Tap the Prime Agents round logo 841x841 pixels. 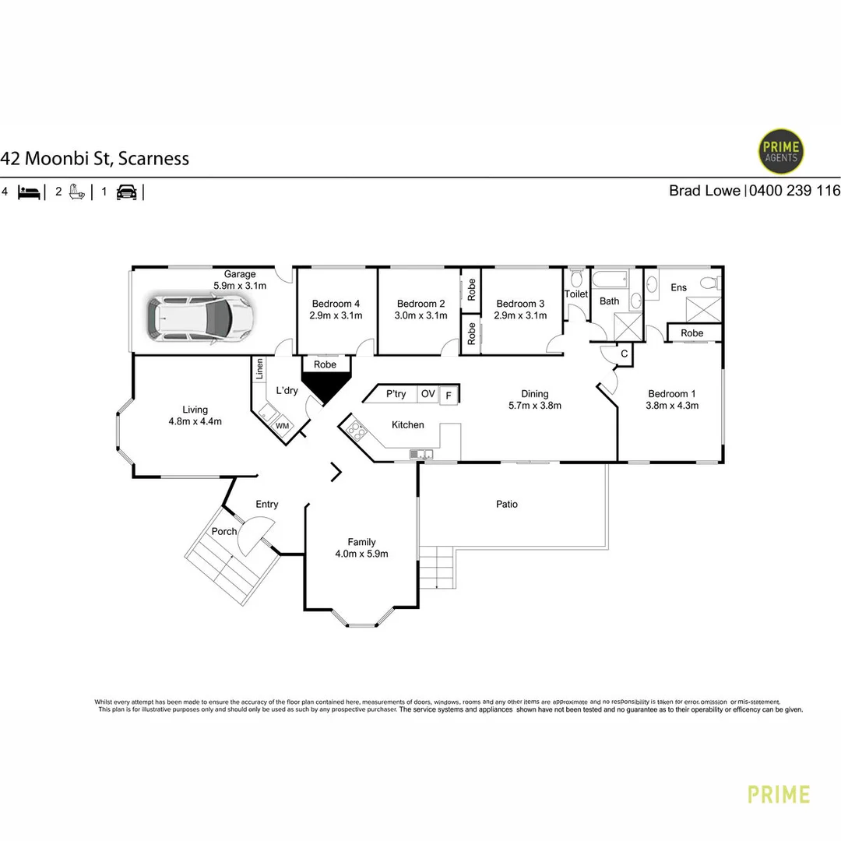(x=780, y=151)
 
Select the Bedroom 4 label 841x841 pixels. (x=336, y=304)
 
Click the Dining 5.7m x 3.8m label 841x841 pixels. (x=535, y=399)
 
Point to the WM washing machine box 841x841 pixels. (x=282, y=426)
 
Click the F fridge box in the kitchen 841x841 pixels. (x=449, y=396)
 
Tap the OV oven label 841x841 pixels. (x=428, y=394)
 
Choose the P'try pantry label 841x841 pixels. (x=396, y=394)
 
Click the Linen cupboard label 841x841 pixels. (x=259, y=369)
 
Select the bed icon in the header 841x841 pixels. (x=29, y=192)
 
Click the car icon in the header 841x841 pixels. (x=127, y=192)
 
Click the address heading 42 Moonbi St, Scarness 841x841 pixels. (x=95, y=158)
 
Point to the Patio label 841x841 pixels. (x=507, y=504)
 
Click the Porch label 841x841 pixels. (x=224, y=531)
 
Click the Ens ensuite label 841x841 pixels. (x=678, y=287)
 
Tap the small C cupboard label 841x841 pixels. (x=625, y=354)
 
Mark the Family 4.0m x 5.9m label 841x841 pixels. (x=361, y=547)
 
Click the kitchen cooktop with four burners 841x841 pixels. (x=356, y=430)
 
